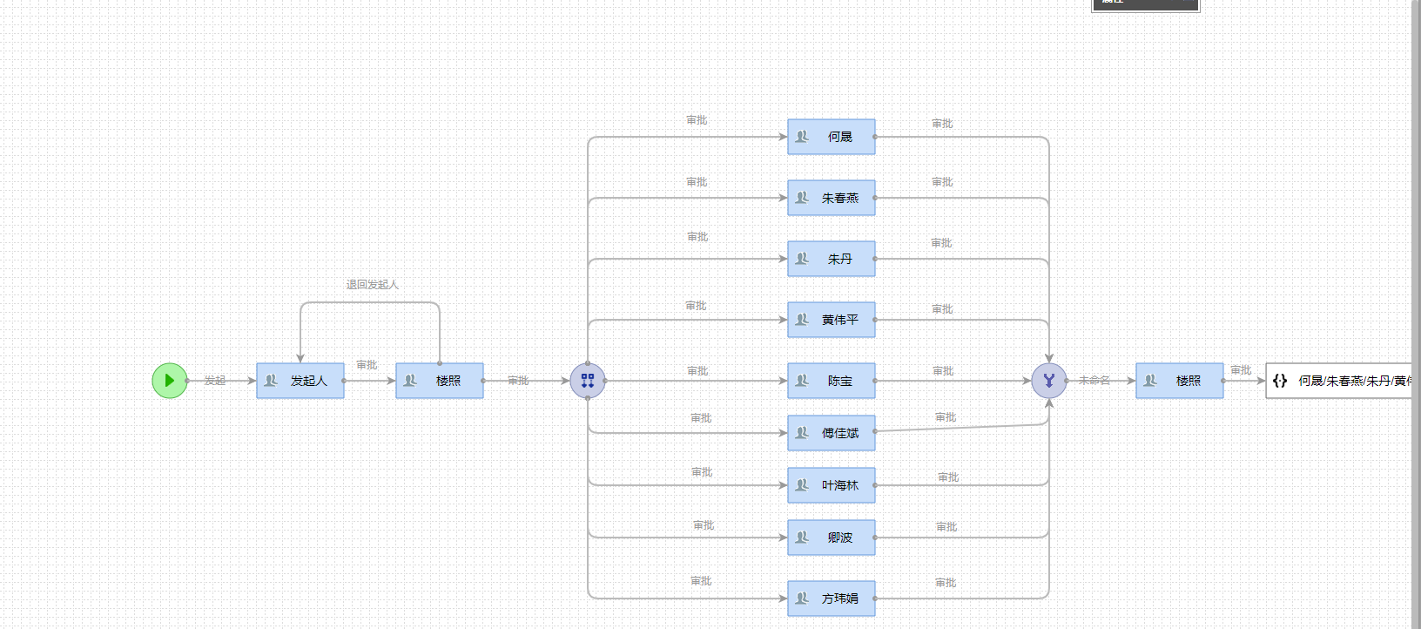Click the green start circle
click(x=170, y=381)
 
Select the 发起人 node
click(x=300, y=381)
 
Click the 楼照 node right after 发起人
click(x=440, y=381)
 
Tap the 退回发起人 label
click(x=372, y=285)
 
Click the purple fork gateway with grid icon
click(x=588, y=381)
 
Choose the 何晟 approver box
click(x=832, y=137)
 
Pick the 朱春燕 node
click(x=832, y=198)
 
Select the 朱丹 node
click(x=832, y=259)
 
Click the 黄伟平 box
click(x=832, y=320)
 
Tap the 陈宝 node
click(x=832, y=381)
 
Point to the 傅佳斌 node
click(x=832, y=433)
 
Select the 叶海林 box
click(x=832, y=485)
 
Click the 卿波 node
click(x=832, y=538)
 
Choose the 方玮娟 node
click(x=832, y=599)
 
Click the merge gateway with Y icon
click(x=1049, y=381)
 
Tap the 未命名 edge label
click(x=1094, y=381)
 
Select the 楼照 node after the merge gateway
click(x=1180, y=381)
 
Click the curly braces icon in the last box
click(x=1280, y=381)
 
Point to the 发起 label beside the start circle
click(x=215, y=381)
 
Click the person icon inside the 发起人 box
click(x=271, y=381)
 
